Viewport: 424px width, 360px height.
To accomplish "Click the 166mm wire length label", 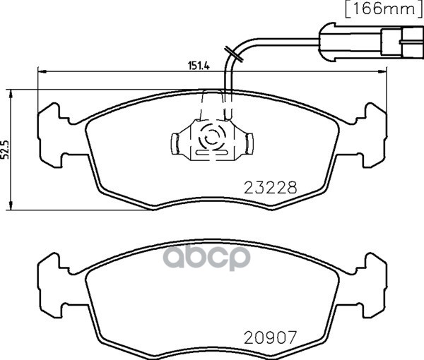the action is point(384,9).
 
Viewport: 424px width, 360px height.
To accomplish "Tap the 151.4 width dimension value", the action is point(199,66).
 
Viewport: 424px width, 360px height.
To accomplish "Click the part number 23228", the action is point(271,188).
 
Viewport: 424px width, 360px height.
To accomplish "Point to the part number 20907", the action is point(271,337).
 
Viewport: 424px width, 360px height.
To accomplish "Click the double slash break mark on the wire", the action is point(234,54).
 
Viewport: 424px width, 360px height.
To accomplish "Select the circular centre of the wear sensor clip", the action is point(212,138).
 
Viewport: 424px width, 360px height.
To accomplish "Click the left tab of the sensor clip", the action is point(175,144).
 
